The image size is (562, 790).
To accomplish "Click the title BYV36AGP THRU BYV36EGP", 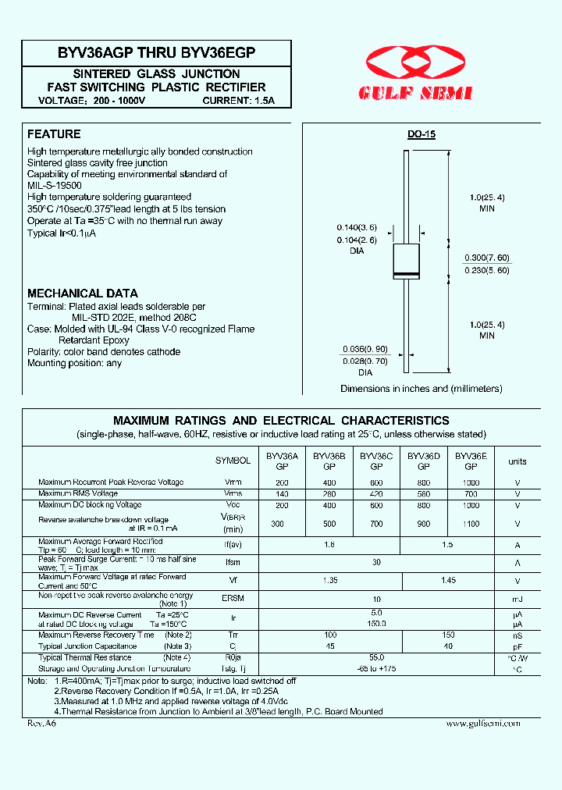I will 156,53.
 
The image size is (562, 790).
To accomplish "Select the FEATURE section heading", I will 54,134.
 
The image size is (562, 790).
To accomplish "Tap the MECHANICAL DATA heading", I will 76,294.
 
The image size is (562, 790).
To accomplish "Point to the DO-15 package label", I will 421,134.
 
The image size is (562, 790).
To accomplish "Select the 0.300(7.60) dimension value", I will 487,258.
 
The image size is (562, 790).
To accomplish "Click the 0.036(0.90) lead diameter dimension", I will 365,349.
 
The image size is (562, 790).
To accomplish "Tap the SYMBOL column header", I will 233,461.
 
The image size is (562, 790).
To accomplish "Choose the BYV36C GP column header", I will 376,461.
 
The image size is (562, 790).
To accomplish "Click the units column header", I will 518,461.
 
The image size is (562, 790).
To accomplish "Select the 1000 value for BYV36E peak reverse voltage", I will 471,483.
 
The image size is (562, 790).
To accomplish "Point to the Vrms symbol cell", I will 233,494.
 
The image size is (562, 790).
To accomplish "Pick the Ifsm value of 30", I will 376,562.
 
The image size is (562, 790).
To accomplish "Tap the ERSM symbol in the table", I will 233,599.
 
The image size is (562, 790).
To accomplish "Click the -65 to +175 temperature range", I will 376,669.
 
